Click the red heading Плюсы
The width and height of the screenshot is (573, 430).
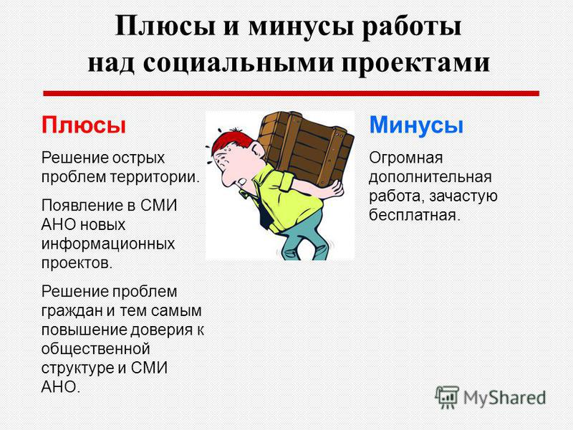coord(84,125)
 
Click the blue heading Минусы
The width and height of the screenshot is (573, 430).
coord(416,125)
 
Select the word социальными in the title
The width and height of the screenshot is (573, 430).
coord(239,63)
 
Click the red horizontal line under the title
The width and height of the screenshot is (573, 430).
coord(292,93)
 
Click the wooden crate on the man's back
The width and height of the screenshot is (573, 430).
coord(307,148)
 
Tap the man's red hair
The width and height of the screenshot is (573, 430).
coord(228,141)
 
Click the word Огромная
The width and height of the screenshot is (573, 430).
coord(405,158)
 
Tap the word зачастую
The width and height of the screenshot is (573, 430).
coord(463,196)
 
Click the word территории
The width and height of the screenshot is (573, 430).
coord(155,178)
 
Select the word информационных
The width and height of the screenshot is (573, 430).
coord(108,244)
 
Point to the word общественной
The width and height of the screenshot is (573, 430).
coord(96,349)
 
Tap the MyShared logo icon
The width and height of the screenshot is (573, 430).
coord(447,397)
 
